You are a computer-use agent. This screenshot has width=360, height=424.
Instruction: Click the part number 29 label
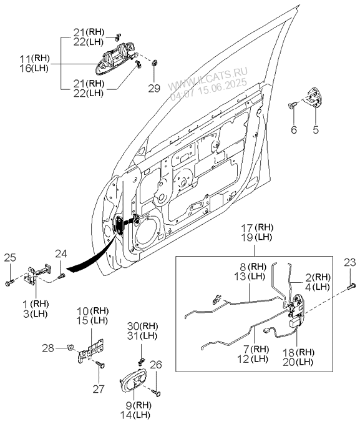point(154,88)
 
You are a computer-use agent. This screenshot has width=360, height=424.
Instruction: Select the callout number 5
point(316,129)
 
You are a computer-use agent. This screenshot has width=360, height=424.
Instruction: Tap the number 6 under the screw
point(294,129)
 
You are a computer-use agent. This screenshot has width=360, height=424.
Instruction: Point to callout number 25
point(10,258)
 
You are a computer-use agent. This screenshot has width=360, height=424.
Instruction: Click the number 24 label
point(61,254)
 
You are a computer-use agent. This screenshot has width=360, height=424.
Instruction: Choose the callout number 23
point(350,262)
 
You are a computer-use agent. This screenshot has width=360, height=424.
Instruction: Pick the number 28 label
point(48,348)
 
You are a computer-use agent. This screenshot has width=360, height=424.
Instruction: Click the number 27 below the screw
point(99,389)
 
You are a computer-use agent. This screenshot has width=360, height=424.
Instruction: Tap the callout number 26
point(156,365)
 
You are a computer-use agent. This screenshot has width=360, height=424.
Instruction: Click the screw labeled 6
point(293,105)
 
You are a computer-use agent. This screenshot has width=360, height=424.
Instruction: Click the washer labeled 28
point(71,347)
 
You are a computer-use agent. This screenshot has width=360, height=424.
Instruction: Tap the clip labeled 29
point(155,63)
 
